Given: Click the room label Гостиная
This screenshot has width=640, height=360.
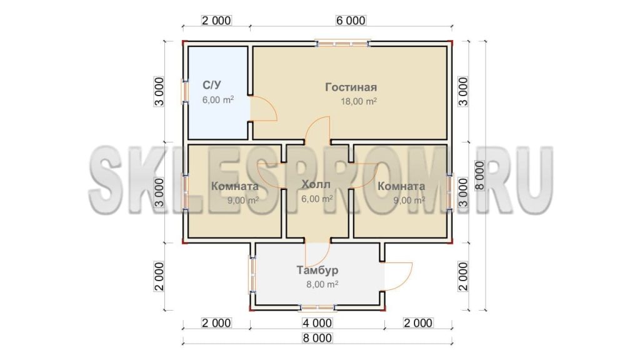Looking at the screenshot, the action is click(351, 87).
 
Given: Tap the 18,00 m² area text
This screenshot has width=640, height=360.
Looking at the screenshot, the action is click(359, 101).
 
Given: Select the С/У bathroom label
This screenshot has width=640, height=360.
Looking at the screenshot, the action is click(212, 85).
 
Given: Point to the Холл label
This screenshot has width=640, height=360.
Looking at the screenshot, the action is click(316, 184).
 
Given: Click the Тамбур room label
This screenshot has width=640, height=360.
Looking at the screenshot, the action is click(317, 270).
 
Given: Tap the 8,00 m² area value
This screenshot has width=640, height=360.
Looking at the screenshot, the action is click(322, 284).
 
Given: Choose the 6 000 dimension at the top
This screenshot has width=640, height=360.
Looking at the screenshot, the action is click(351, 21).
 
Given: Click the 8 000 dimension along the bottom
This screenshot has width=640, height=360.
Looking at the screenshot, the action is click(317, 338).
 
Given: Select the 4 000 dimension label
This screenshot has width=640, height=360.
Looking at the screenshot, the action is click(317, 323).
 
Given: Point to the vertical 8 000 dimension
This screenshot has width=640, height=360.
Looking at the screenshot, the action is click(479, 176).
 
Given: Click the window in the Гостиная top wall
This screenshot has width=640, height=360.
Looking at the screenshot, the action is click(343, 43).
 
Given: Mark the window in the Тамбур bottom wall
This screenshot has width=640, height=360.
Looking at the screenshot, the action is click(317, 307).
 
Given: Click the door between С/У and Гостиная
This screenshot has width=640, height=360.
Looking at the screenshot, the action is click(264, 109).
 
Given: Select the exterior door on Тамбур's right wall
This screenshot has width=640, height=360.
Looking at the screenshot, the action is click(398, 276).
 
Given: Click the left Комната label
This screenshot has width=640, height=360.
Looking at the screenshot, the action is click(235, 186).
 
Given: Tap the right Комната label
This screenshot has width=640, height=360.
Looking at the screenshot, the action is click(401, 186).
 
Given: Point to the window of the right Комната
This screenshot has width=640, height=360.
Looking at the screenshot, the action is click(450, 192).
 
